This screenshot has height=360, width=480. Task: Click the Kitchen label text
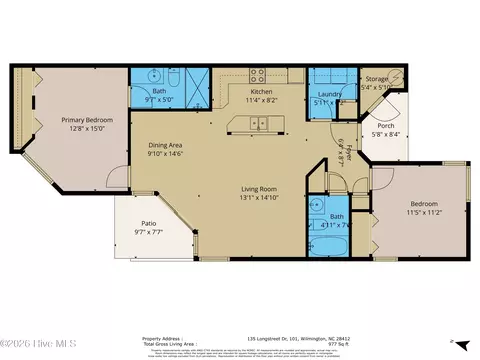pos(261,91)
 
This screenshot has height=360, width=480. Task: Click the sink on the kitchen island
pos(263,124)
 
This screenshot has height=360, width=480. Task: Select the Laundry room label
pos(325,94)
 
